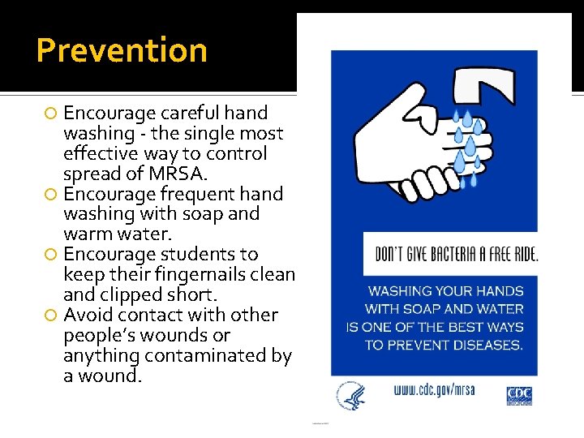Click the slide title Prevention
click(x=122, y=50)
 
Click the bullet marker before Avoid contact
click(x=52, y=316)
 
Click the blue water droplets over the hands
click(x=466, y=142)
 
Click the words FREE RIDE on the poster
click(x=513, y=254)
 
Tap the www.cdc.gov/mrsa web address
click(x=434, y=391)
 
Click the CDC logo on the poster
click(x=519, y=394)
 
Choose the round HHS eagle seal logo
click(x=350, y=396)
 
